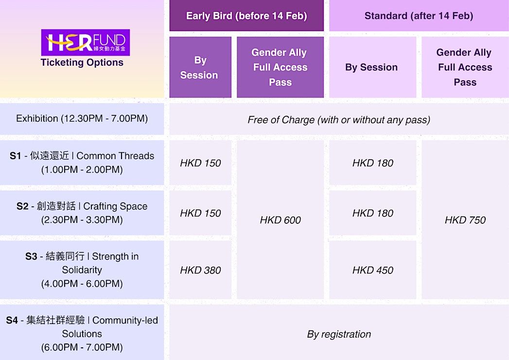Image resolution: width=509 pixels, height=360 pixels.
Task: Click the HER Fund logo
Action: (86, 42)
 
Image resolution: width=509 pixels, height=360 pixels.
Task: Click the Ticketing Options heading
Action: (82, 62)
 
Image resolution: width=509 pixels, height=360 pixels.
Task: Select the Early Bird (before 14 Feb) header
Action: (246, 16)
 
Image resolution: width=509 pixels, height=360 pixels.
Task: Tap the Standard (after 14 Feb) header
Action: (419, 16)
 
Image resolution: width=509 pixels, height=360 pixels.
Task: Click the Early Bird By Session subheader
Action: (200, 68)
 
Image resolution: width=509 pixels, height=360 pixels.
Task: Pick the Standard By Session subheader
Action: (371, 67)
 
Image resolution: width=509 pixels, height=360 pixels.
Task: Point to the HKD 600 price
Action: (280, 220)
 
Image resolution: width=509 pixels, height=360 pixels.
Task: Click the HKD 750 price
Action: (465, 220)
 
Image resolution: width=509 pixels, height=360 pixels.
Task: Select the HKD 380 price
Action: (200, 270)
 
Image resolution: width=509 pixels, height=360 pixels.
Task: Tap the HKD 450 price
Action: (373, 270)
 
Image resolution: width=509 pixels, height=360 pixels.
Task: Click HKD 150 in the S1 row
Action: (200, 163)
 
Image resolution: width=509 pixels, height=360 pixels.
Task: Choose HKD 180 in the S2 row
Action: (373, 213)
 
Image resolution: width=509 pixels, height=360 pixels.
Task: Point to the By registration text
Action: (339, 334)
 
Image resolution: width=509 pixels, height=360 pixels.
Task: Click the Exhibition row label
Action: (82, 118)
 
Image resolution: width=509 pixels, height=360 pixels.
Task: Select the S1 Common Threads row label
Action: (82, 162)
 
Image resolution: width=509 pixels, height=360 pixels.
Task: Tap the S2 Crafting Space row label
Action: (82, 213)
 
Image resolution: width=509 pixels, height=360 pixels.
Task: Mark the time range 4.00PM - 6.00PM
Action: (82, 284)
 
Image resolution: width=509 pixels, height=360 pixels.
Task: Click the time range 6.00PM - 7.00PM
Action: (82, 347)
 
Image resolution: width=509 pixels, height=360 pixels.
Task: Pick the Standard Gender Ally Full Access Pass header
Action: (465, 67)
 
